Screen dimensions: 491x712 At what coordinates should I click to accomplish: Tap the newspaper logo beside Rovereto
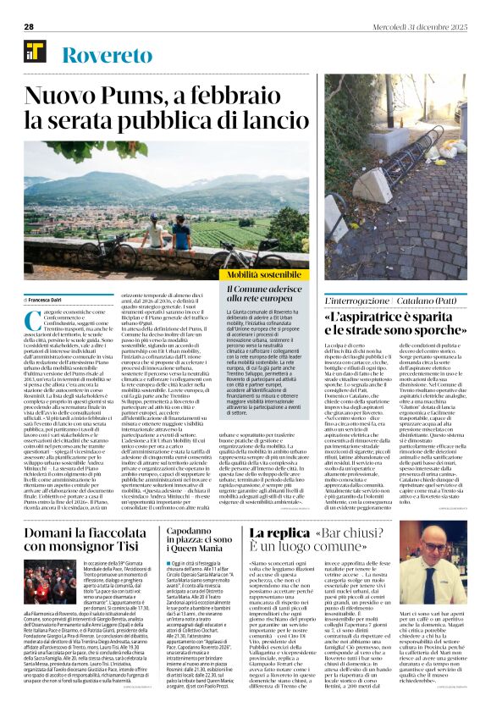(x=35, y=56)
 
